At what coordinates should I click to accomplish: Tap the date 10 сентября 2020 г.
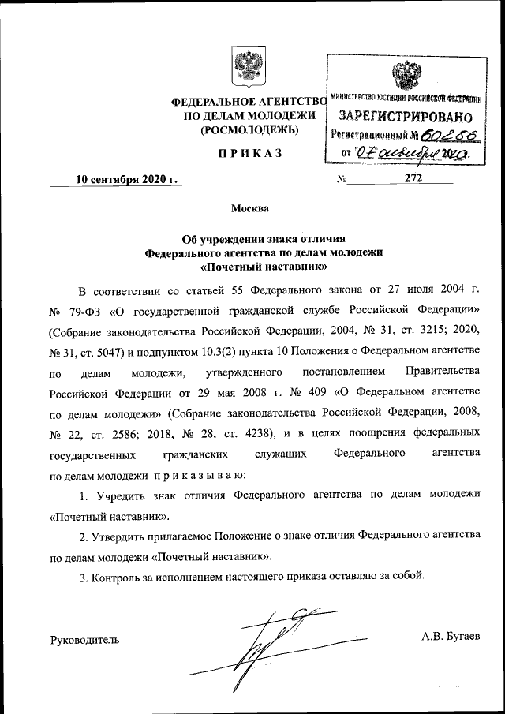[125, 179]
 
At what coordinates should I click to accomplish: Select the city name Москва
[249, 209]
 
